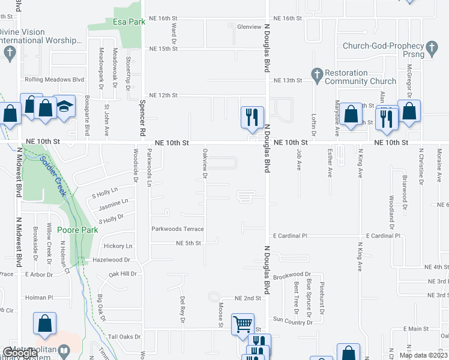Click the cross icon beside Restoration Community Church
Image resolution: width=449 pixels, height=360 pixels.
click(317, 74)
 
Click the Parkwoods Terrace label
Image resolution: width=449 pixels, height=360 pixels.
click(177, 229)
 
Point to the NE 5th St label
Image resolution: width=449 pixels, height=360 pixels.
click(188, 243)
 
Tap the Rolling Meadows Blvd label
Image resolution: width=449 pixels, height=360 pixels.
click(54, 79)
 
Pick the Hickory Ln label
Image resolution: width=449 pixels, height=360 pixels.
click(118, 246)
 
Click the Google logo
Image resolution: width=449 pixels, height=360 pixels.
click(20, 353)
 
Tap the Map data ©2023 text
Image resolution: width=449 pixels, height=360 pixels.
click(423, 355)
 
